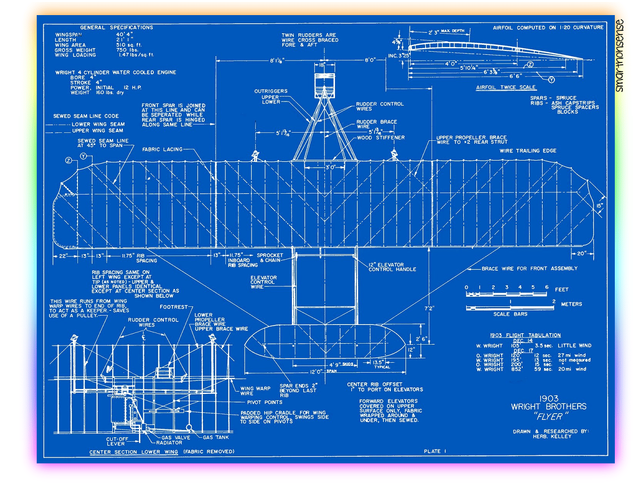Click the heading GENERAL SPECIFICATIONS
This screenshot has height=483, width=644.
tap(116, 28)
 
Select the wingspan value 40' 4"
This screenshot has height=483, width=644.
tap(124, 35)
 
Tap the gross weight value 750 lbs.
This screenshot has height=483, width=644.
tap(127, 50)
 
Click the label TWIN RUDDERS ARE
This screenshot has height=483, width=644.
tap(308, 35)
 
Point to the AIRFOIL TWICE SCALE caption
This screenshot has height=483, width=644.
tap(506, 88)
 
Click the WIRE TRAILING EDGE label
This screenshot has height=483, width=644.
tap(528, 151)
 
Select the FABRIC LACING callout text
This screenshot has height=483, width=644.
tap(162, 149)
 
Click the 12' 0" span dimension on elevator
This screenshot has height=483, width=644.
tap(316, 372)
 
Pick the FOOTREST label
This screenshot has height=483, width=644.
tap(174, 307)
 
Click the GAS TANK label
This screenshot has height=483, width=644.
tap(216, 437)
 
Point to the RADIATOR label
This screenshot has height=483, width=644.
tap(169, 443)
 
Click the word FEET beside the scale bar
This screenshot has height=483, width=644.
tap(561, 290)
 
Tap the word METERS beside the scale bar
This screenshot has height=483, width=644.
tap(571, 304)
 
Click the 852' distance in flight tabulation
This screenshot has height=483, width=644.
tap(517, 369)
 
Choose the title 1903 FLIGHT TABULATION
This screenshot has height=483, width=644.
tap(525, 335)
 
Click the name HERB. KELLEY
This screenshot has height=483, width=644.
tap(552, 437)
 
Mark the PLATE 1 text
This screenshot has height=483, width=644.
tap(435, 451)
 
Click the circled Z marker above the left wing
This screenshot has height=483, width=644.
tap(68, 160)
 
